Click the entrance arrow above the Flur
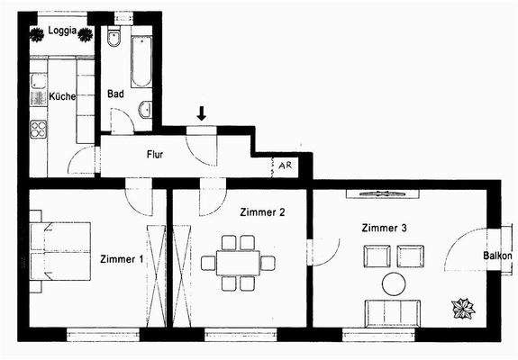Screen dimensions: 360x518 202,112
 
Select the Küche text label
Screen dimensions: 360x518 61,96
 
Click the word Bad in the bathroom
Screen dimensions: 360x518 115,94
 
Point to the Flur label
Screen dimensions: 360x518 155,155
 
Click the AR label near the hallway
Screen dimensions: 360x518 285,166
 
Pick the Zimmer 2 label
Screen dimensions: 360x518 263,212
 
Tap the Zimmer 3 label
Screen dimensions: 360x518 385,228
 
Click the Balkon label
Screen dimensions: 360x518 497,256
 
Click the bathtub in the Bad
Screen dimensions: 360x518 141,60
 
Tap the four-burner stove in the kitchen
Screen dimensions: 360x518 39,129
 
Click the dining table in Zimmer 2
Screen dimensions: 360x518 238,263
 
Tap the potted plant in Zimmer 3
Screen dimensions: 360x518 464,308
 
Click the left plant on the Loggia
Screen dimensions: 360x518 38,35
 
